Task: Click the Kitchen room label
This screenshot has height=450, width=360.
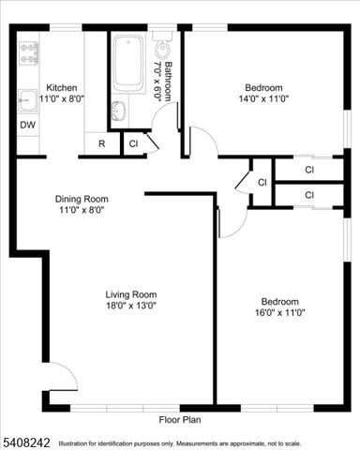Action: pos(62,86)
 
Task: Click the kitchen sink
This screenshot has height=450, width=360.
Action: pos(26,98)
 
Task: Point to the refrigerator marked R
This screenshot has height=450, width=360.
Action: pos(100,144)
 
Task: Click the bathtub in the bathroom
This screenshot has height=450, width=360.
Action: pos(128,64)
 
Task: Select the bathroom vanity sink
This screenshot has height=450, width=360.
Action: pos(118,111)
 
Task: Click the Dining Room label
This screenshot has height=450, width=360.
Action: pos(82,199)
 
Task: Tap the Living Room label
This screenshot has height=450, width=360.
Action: pos(130,293)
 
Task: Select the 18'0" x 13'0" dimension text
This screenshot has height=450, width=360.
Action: pos(130,305)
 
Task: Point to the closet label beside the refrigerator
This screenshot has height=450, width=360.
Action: pos(133,143)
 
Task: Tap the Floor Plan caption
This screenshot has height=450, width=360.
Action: pos(180,420)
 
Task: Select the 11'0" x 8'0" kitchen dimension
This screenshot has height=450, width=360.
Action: pos(62,97)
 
